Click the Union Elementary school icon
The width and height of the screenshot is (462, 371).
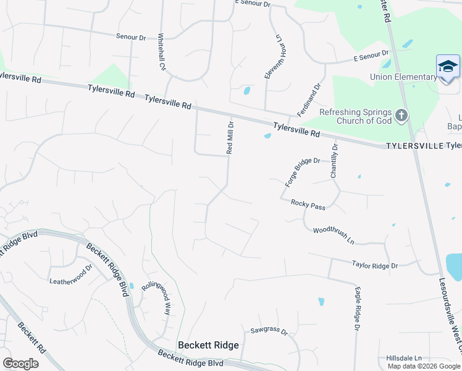click(x=448, y=67)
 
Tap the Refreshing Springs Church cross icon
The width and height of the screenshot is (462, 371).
click(x=401, y=115)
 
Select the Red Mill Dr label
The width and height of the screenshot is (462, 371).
click(x=230, y=137)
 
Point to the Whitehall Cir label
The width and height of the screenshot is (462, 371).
click(x=162, y=51)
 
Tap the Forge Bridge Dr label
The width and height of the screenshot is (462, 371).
click(x=303, y=172)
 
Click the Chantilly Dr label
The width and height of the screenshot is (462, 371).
click(x=334, y=161)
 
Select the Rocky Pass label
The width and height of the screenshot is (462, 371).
click(x=308, y=205)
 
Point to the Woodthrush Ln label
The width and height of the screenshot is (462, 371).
click(x=334, y=235)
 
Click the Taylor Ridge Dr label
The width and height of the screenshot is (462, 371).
click(x=375, y=265)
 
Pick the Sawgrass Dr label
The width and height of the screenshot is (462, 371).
click(x=269, y=331)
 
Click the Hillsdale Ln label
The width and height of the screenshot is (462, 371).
click(x=404, y=358)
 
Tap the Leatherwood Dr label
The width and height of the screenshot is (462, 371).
click(x=70, y=275)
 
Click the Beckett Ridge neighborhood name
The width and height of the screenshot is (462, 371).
click(x=208, y=345)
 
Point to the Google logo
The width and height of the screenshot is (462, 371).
click(x=20, y=363)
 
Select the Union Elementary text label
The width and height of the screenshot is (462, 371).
click(x=403, y=77)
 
